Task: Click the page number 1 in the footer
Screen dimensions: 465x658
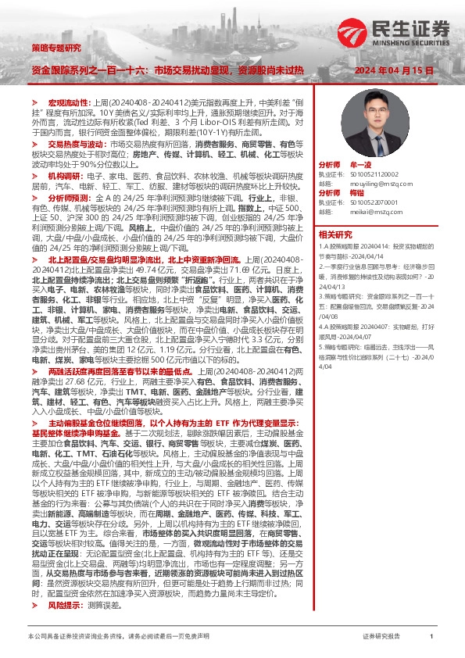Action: pos(431,637)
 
